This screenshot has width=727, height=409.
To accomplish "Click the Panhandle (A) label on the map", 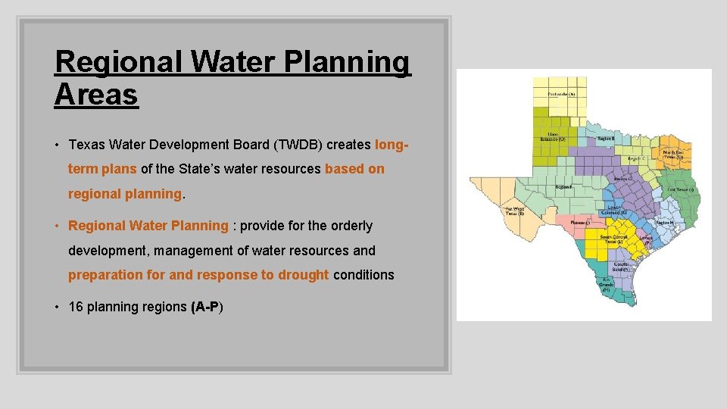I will pyautogui.click(x=561, y=94).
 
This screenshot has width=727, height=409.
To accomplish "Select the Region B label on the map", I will pyautogui.click(x=606, y=139).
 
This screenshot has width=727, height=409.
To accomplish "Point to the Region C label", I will pyautogui.click(x=636, y=159).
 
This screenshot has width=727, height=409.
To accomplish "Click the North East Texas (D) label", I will pyautogui.click(x=672, y=155).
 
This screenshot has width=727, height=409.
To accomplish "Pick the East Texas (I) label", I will pyautogui.click(x=680, y=189).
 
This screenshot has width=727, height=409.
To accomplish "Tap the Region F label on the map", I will pyautogui.click(x=563, y=186).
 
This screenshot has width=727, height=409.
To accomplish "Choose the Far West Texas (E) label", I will pyautogui.click(x=515, y=211).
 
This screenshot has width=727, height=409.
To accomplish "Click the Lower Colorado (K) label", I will pyautogui.click(x=613, y=210).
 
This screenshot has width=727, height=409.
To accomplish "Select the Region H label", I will pyautogui.click(x=663, y=222).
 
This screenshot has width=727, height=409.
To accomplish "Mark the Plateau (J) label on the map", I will pyautogui.click(x=579, y=223).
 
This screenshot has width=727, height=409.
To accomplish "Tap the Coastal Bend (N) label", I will pyautogui.click(x=621, y=267).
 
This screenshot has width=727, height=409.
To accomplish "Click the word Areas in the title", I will pyautogui.click(x=96, y=95).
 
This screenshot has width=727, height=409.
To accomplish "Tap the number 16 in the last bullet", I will pyautogui.click(x=75, y=307).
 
